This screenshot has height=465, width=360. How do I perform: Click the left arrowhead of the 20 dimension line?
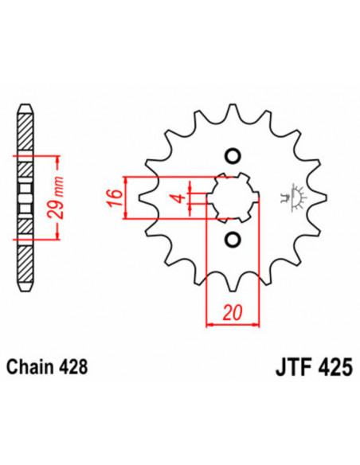coord(210,324)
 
